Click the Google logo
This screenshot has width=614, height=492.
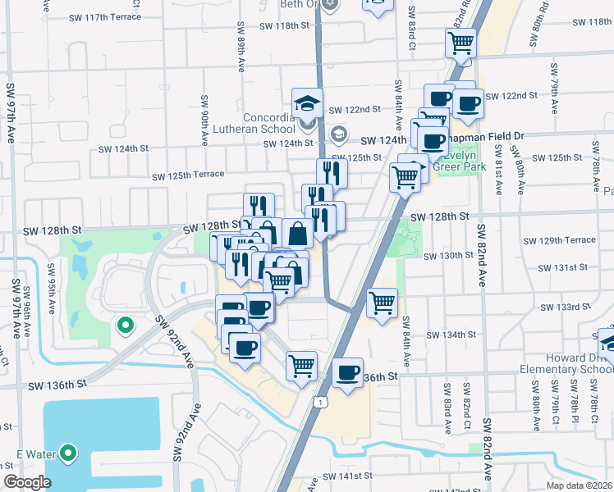click(27, 482)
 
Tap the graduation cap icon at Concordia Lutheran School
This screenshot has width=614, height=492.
click(306, 104)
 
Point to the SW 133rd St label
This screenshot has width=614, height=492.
click(566, 307)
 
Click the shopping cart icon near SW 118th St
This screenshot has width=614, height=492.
click(461, 43)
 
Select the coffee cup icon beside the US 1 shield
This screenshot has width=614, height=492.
click(349, 375)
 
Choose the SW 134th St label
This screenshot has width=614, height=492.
click(451, 335)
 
